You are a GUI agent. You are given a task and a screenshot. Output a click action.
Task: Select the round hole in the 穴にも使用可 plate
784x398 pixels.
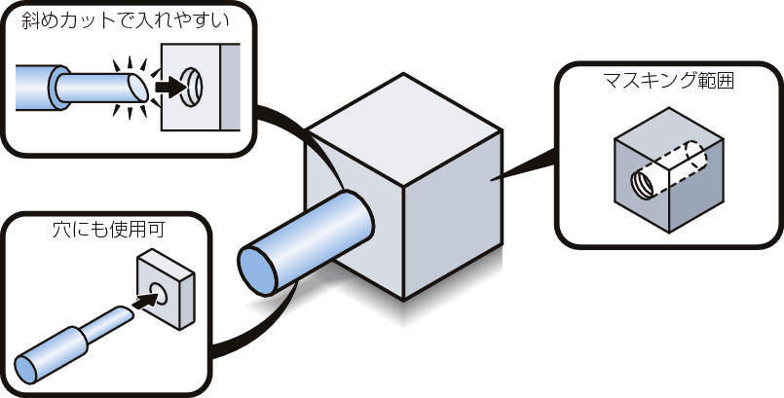point(161,288)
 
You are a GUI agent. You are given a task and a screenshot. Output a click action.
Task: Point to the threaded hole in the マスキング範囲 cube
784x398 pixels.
point(644,182)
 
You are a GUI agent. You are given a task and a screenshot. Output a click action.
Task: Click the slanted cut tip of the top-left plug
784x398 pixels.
point(140,89)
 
